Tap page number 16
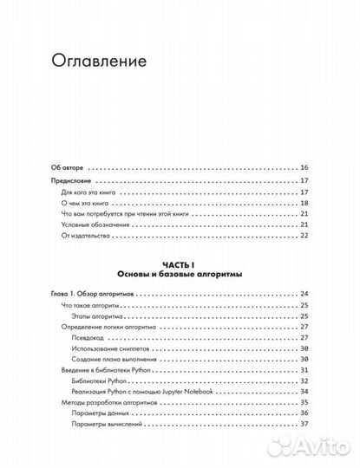click(304, 167)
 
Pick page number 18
click(304, 201)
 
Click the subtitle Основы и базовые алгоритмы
click(180, 274)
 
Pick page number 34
click(304, 389)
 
